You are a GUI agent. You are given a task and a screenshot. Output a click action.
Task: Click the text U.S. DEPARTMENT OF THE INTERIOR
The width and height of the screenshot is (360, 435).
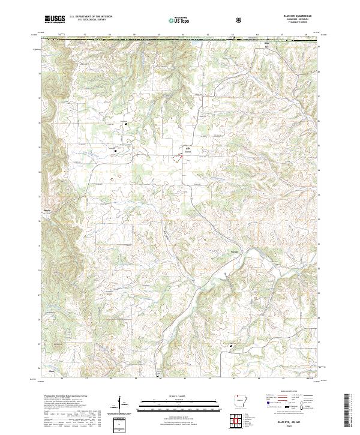(91, 17)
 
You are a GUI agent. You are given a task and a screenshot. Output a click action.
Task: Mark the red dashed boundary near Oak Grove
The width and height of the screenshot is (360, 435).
(178, 158)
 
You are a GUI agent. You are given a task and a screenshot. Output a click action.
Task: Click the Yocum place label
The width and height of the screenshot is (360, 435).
(235, 252)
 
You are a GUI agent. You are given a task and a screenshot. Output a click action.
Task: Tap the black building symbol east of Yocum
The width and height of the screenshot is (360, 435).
(277, 263)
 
